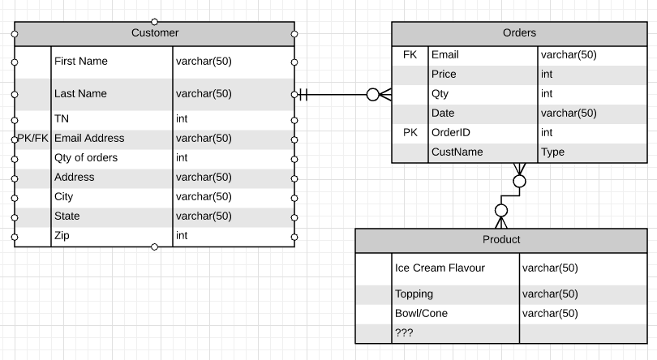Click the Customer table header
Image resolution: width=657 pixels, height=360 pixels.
pos(154,33)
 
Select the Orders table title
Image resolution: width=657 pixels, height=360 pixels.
pos(519,33)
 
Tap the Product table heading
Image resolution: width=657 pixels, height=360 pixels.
pos(501,240)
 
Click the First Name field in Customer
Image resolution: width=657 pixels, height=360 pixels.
pos(80,62)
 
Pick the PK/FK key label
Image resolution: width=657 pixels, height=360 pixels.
pos(32,139)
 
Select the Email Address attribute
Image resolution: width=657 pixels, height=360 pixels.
pos(89,139)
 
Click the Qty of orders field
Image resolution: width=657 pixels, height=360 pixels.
pos(86,158)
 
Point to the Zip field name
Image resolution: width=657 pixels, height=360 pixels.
pos(62,236)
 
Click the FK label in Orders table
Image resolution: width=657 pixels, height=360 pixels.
pos(410,55)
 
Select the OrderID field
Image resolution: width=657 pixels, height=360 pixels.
pos(451,133)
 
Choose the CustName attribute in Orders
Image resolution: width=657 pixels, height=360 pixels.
pos(457,152)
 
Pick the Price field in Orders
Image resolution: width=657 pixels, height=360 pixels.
pos(444,75)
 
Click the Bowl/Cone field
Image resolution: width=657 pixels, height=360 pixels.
pos(421,314)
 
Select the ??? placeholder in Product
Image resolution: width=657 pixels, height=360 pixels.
pos(404,333)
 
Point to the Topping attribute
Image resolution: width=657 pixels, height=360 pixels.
pos(414,294)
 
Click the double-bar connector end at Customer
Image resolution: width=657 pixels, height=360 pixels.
pos(303,95)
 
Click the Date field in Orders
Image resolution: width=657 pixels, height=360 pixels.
pos(443,114)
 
